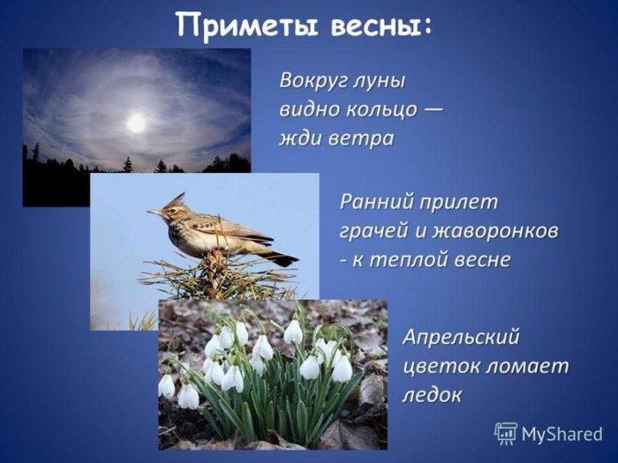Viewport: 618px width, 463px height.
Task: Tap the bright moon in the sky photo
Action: click(x=136, y=123)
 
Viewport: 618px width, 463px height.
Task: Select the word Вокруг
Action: click(x=312, y=80)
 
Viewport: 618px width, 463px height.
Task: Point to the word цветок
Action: click(x=437, y=365)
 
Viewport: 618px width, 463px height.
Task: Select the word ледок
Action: click(x=432, y=395)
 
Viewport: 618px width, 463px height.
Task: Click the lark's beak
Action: click(x=154, y=213)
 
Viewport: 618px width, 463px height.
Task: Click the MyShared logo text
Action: click(x=561, y=435)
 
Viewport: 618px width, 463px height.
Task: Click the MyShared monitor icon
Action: click(x=506, y=433)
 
